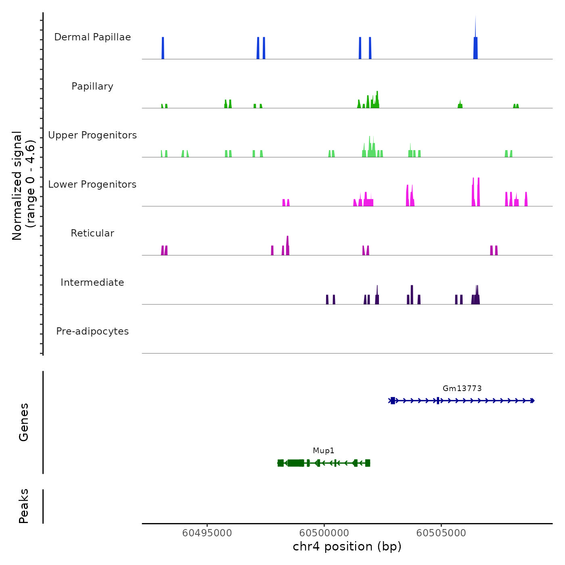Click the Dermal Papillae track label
click(92, 37)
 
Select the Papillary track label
click(92, 86)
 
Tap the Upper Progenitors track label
click(92, 135)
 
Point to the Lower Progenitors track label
click(92, 184)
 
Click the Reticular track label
click(92, 233)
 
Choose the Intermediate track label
click(92, 282)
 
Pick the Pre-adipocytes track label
click(92, 331)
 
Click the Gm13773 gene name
click(462, 389)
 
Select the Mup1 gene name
click(324, 451)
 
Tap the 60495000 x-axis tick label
click(207, 533)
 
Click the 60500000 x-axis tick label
click(324, 533)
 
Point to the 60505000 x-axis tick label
click(441, 533)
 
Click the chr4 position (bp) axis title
click(347, 546)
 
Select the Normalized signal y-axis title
click(23, 185)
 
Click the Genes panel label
click(24, 422)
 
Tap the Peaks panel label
click(24, 506)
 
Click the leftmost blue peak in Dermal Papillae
click(163, 48)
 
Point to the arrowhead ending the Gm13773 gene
click(533, 401)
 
